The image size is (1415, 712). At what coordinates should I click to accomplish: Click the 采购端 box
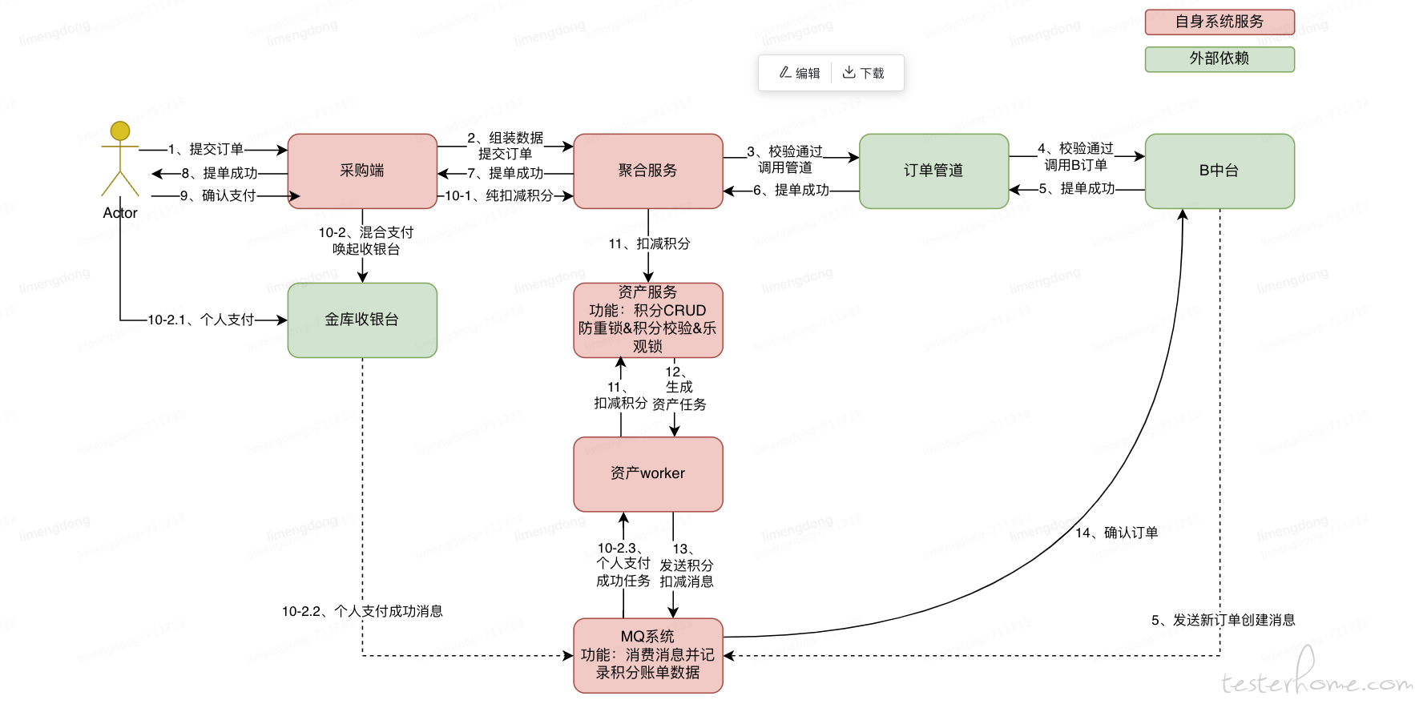(x=362, y=171)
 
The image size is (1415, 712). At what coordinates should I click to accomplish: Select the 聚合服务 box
(x=648, y=171)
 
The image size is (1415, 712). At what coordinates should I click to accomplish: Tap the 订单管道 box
(x=933, y=171)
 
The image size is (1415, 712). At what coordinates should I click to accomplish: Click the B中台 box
(x=1219, y=171)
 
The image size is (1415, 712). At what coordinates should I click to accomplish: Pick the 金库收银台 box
(x=362, y=320)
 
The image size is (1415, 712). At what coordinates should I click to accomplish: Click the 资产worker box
(x=648, y=473)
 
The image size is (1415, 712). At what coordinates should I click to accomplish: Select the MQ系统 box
(x=648, y=654)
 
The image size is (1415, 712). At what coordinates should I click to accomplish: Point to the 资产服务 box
(x=648, y=320)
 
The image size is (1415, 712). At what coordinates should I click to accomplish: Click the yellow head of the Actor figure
(x=120, y=131)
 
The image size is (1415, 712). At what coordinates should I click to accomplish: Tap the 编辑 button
(x=800, y=73)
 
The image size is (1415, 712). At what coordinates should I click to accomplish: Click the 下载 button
(x=863, y=73)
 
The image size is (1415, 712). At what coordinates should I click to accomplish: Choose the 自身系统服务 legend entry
(x=1219, y=22)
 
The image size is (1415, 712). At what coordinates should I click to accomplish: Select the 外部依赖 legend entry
(x=1219, y=58)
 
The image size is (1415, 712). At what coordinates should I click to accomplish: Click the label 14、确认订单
(x=1116, y=533)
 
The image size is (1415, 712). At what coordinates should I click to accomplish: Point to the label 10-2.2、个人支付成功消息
(x=362, y=611)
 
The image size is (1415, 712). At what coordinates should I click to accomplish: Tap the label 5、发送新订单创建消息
(x=1224, y=620)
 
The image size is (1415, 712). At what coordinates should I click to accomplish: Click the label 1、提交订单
(x=206, y=149)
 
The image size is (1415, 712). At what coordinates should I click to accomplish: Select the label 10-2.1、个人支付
(x=201, y=320)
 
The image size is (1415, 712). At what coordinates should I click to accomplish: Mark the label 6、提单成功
(x=791, y=190)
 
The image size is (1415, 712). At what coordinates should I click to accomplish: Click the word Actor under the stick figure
(x=120, y=213)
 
